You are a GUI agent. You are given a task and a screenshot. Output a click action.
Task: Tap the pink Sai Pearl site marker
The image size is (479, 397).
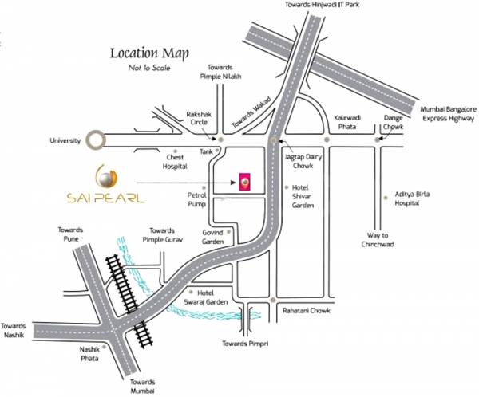pos(247,182)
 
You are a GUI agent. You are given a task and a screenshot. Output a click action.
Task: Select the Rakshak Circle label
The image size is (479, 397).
pos(199,116)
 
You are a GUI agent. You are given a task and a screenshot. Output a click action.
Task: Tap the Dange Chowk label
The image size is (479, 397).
pos(393,121)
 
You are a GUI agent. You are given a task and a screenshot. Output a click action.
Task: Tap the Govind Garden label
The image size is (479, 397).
pos(212,237)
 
